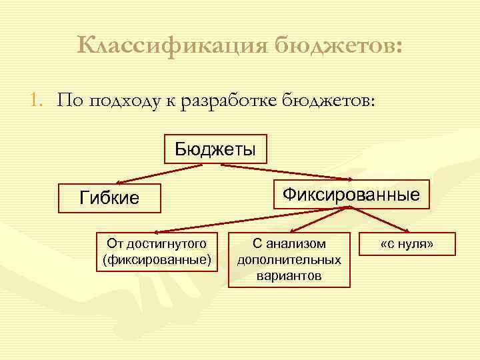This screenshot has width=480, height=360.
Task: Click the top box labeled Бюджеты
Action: click(x=215, y=149)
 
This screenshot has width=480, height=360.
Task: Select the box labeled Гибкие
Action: click(x=109, y=198)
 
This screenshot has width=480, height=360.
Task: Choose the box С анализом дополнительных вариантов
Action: click(x=289, y=259)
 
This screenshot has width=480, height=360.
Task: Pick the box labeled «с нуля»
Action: click(x=407, y=244)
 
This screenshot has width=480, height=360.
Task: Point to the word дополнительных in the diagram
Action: click(x=289, y=260)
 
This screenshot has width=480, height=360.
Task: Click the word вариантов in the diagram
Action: click(x=289, y=275)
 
